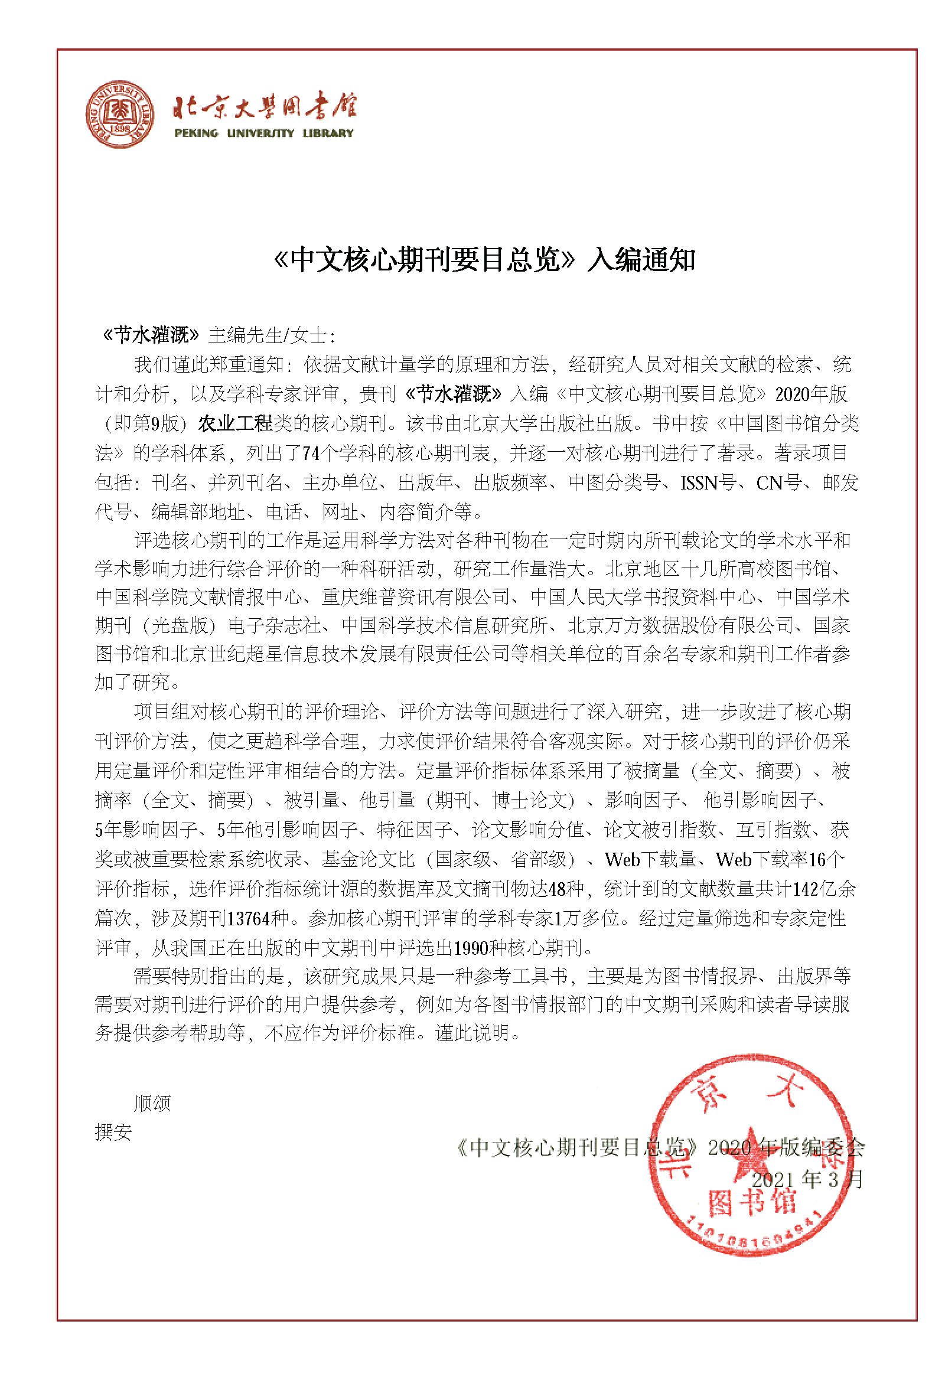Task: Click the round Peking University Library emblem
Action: point(119,115)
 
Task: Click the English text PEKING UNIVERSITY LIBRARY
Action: point(264,133)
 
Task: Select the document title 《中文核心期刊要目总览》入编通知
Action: point(484,260)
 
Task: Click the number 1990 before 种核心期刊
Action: point(471,948)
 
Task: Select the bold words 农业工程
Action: point(235,424)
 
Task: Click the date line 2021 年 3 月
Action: point(807,1179)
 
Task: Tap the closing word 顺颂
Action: point(152,1103)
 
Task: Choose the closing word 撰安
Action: point(113,1132)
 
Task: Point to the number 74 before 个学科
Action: point(311,454)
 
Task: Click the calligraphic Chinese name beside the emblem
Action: point(264,107)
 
